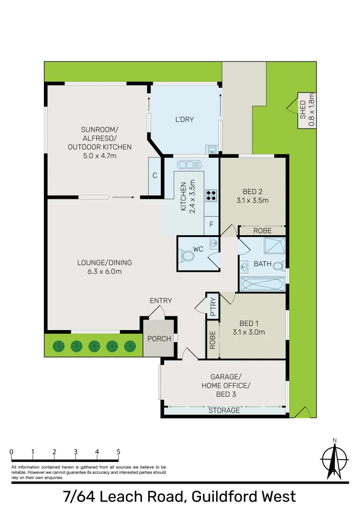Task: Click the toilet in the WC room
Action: pos(187,256)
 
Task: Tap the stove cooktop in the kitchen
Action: pos(211,195)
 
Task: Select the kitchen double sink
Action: pos(189,165)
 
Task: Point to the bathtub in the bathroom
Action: pos(263,284)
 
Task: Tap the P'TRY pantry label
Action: pos(212,306)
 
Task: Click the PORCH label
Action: pos(159,339)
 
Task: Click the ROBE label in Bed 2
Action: pos(262,231)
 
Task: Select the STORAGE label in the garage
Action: pos(224,410)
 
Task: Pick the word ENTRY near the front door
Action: pos(160,300)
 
